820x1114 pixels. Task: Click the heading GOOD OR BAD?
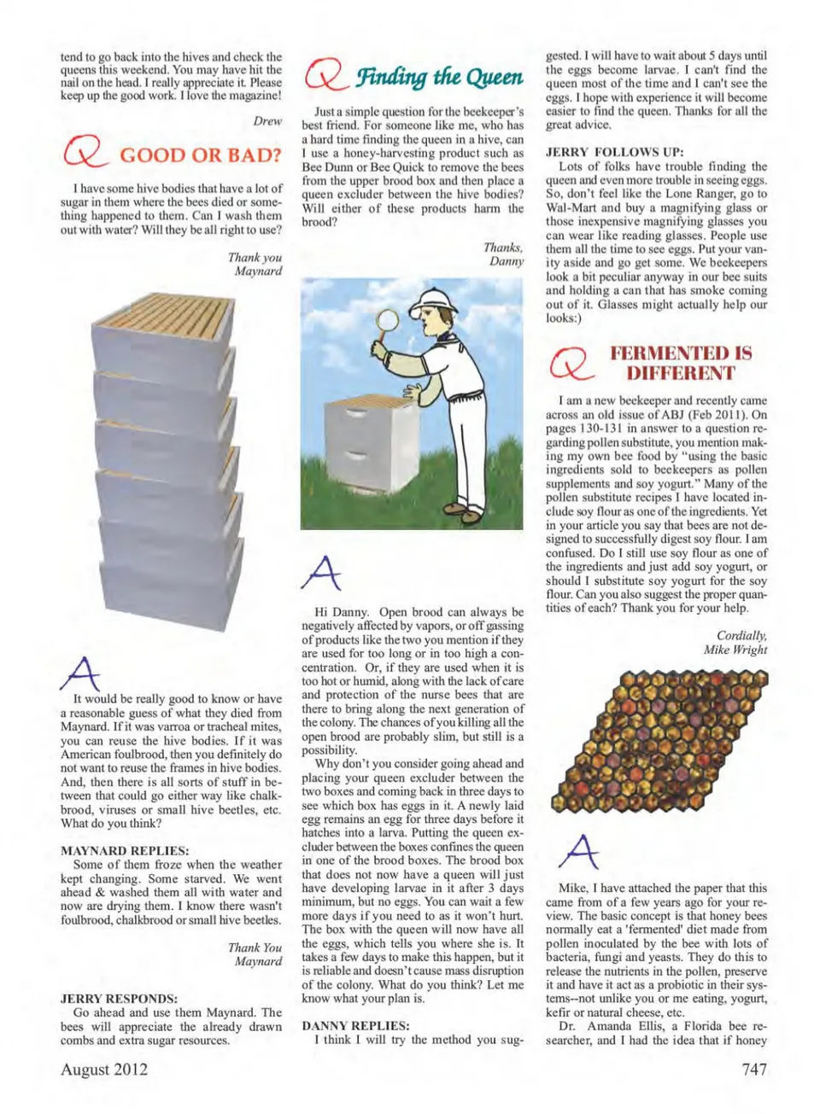(201, 155)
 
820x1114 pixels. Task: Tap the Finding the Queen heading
(439, 77)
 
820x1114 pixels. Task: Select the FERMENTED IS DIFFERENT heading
(680, 363)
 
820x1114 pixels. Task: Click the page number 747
(753, 1070)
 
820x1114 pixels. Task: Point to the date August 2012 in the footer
(104, 1070)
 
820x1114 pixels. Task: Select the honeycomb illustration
(659, 738)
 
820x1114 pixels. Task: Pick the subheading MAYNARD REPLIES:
(125, 851)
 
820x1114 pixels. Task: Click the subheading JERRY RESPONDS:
(119, 998)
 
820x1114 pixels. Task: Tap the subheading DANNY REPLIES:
(355, 1025)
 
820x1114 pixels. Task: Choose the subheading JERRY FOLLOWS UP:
(614, 153)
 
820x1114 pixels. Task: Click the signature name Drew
(267, 121)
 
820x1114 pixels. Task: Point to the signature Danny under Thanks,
(507, 261)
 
